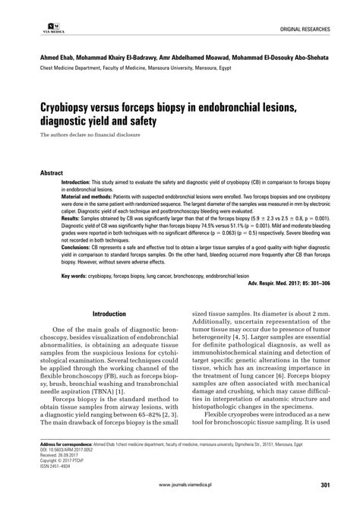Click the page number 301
[x=324, y=483]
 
